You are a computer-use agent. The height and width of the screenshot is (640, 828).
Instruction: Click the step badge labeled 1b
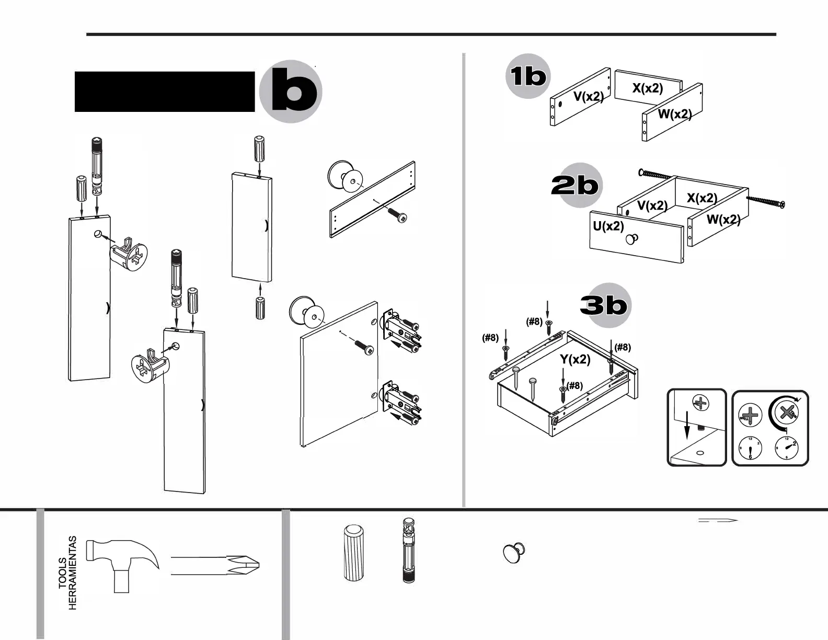[528, 76]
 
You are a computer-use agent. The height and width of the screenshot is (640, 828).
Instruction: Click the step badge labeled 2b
[574, 186]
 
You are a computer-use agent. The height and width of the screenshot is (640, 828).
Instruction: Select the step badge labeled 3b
[604, 305]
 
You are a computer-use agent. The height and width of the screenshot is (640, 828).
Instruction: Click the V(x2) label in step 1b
[588, 96]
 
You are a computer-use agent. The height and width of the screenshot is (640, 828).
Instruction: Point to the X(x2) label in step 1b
[647, 88]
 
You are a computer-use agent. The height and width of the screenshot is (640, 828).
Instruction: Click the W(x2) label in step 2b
[723, 219]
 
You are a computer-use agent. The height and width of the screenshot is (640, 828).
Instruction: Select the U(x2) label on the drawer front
[608, 226]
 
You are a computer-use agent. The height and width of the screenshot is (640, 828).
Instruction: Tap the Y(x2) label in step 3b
[575, 359]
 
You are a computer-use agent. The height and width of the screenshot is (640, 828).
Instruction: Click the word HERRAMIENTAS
[73, 573]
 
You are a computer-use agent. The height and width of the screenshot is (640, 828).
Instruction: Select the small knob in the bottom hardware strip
[514, 553]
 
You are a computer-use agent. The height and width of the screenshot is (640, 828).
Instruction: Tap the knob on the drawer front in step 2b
[632, 239]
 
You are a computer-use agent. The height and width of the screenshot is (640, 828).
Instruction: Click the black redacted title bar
[165, 92]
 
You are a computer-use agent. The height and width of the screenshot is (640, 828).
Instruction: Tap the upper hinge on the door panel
[401, 333]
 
